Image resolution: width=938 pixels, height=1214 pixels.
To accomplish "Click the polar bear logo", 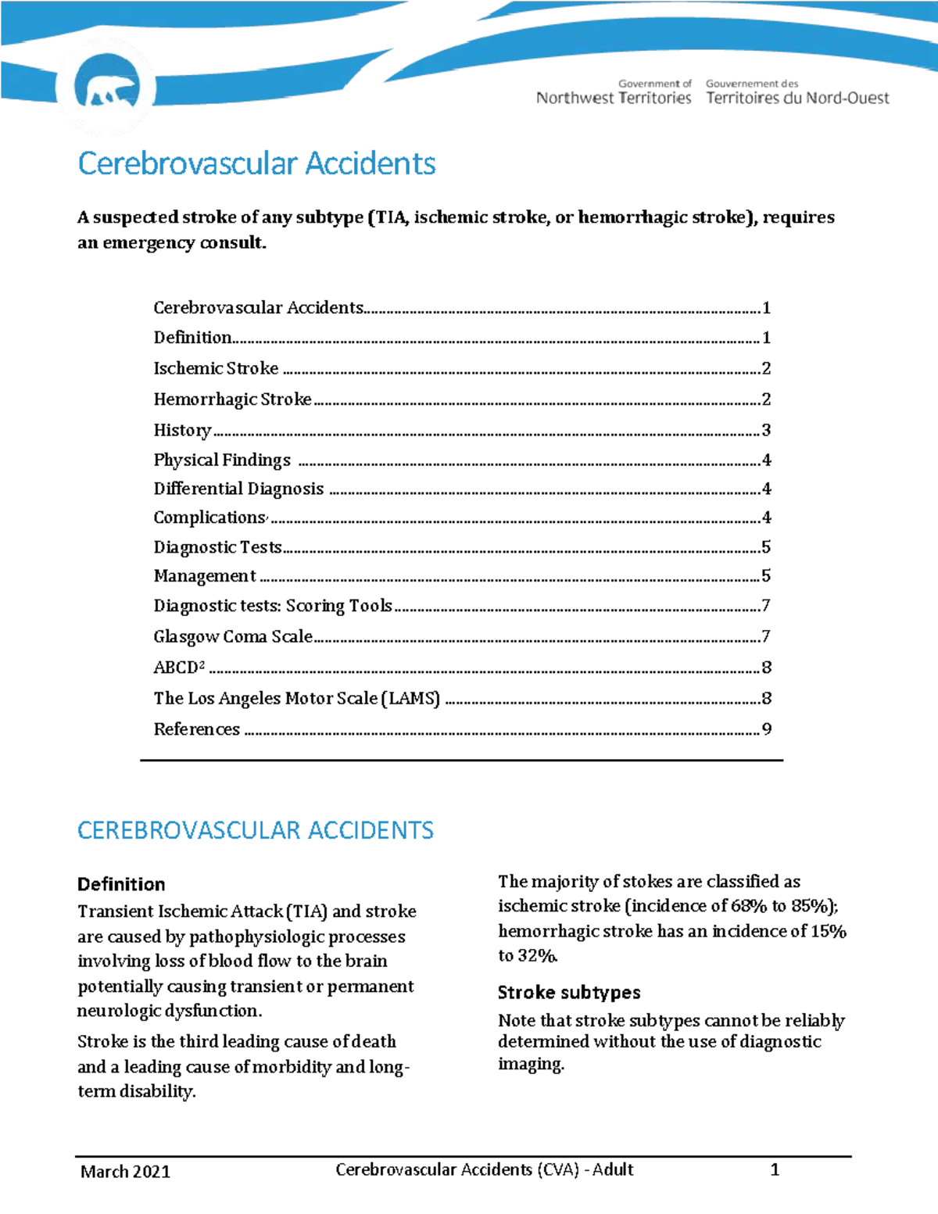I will coord(107,87).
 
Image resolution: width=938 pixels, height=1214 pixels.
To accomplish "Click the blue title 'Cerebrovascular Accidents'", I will coord(256,163).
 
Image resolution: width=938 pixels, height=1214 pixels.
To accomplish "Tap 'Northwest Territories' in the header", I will coord(614,98).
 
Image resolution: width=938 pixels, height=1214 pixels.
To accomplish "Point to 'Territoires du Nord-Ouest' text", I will coord(797,98).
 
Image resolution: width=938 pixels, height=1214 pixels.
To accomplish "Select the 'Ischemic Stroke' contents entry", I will coord(216,368).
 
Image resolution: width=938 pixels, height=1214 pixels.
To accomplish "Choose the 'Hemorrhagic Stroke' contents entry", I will coord(232,399).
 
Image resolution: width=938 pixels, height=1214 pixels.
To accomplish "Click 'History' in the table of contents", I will coord(182,430).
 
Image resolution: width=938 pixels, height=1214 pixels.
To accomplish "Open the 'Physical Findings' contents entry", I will coord(222,460).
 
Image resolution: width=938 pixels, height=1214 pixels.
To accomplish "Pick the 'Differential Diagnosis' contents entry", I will coord(238,489).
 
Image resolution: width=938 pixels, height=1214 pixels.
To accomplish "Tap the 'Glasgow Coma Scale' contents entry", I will coord(233,636).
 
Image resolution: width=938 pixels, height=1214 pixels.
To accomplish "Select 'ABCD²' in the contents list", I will coord(179,668).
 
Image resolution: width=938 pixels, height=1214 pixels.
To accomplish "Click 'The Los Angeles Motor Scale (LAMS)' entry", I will coord(296,698).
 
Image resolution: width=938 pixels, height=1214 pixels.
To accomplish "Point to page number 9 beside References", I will coord(767,729).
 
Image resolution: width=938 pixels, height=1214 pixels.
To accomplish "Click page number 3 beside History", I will coord(766,430).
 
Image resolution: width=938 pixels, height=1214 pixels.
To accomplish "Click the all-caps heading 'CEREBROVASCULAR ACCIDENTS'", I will coord(255,830).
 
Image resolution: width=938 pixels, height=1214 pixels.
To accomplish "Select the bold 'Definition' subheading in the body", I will coord(121,884).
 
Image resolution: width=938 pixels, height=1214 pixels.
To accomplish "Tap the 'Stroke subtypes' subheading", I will coord(569,992).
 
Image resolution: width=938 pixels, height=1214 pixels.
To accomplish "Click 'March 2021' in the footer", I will coord(125,1171).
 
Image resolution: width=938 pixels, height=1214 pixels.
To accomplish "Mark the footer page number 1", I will coord(775,1169).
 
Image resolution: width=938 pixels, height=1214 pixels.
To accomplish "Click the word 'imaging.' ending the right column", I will coord(531,1064).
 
